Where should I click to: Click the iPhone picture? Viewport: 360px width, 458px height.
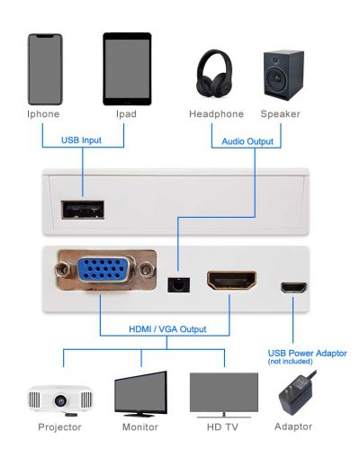[45, 69]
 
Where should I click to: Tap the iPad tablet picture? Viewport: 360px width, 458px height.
[127, 69]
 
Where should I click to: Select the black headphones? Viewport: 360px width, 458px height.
[214, 74]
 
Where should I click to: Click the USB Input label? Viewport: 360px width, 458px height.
[81, 140]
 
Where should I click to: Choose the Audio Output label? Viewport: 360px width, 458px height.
[247, 141]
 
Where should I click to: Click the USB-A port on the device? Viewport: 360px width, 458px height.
[83, 210]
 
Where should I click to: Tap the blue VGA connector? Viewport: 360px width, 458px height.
[103, 269]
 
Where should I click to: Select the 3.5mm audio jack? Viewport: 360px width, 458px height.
[179, 284]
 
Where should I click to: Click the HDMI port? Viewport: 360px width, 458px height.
[232, 280]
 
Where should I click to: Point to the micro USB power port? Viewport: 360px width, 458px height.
[293, 288]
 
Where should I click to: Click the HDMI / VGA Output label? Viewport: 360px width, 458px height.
[167, 329]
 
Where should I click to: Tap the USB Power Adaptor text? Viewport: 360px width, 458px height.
[307, 353]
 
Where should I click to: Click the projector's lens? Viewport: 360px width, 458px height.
[60, 400]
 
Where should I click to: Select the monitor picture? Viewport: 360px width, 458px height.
[140, 394]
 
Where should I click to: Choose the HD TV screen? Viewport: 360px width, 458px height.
[224, 392]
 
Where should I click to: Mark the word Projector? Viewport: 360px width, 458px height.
[59, 427]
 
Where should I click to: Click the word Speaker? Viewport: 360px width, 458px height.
[280, 114]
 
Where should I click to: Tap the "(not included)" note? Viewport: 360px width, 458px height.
[290, 362]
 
